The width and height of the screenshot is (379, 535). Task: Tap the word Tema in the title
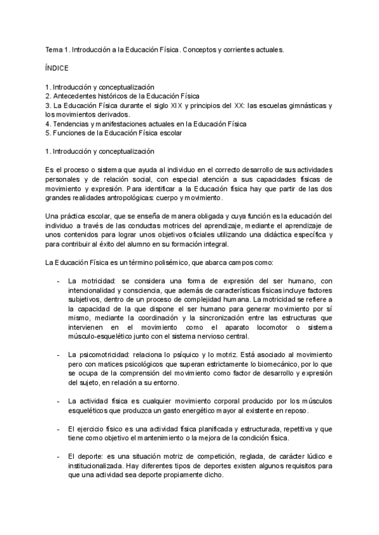pyautogui.click(x=54, y=48)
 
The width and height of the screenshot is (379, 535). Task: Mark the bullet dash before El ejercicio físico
pyautogui.click(x=58, y=428)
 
